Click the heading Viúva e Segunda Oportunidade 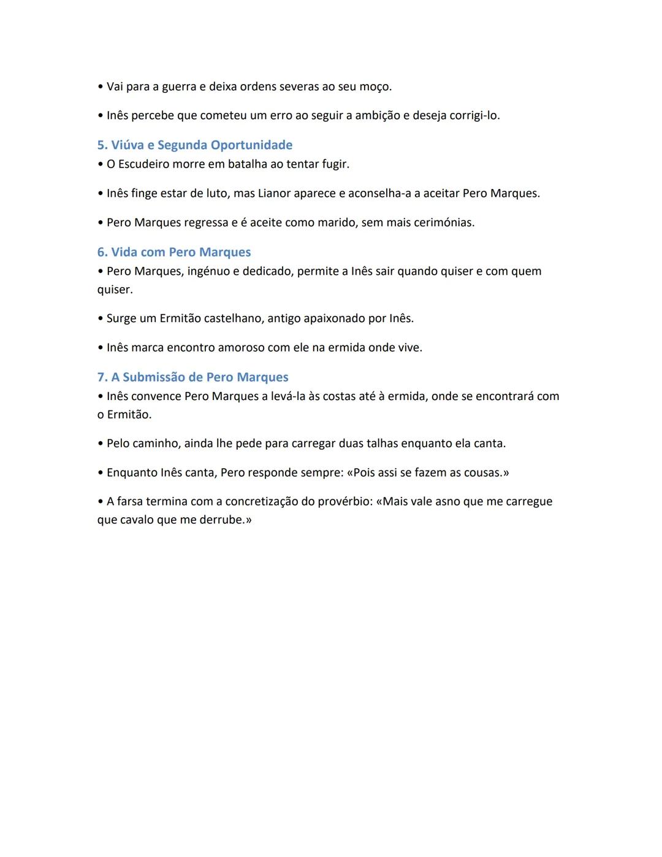click(x=202, y=145)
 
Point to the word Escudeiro click(x=145, y=164)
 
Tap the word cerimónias click(x=444, y=222)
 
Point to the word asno click(x=447, y=501)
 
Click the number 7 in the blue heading click(x=101, y=377)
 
